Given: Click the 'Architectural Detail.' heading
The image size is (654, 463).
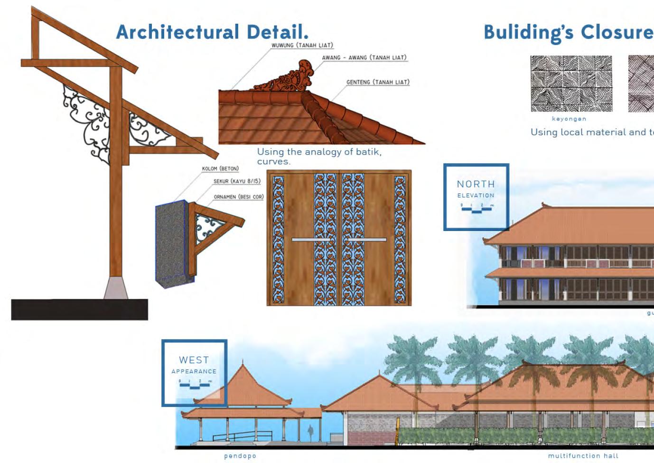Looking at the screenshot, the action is tap(212, 32).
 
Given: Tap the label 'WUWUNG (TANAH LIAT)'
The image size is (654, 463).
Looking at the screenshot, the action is tap(302, 46).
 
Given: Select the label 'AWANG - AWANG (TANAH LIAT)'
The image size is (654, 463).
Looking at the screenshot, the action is tap(364, 58).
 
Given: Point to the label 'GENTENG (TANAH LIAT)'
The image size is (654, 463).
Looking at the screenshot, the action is tap(377, 82).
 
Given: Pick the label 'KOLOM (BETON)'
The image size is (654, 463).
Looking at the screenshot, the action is tap(220, 169).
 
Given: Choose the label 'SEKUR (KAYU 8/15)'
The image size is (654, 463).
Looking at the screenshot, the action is tap(237, 181).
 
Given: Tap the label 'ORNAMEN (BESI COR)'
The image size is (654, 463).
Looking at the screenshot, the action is tap(238, 197).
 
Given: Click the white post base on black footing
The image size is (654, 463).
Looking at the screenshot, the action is tap(116, 287).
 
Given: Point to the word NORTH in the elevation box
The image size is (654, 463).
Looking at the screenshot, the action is tap(476, 184).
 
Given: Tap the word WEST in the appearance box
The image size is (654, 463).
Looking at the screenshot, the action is tap(194, 360).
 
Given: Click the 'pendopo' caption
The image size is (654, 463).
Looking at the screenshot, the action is tap(240, 456).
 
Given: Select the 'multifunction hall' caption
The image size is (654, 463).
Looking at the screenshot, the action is tap(583, 456).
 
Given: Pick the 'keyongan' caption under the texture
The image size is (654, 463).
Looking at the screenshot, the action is tap(569, 119).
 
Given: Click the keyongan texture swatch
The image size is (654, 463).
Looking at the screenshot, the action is tap(571, 83).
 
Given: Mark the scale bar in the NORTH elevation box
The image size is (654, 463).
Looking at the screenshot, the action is tap(477, 208).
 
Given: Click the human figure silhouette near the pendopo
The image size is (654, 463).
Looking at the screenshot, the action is tap(310, 432).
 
